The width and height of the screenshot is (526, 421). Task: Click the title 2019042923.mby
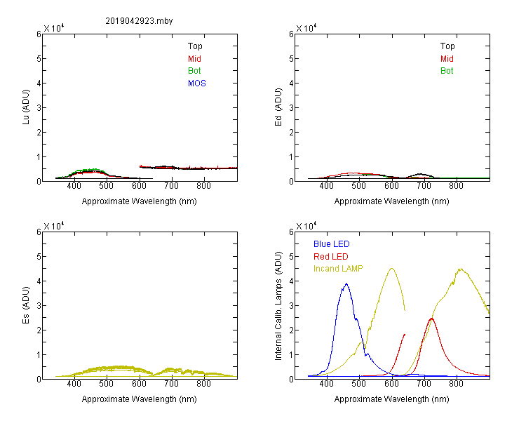(139, 21)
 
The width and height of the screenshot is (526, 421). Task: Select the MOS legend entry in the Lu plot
(197, 83)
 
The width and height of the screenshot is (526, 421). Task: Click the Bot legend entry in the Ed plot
(447, 71)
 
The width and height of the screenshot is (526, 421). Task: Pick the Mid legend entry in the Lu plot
(194, 59)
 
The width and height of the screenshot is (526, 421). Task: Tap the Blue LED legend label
(332, 244)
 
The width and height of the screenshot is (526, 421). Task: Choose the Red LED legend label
(331, 257)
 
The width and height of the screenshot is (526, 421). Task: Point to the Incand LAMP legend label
(338, 269)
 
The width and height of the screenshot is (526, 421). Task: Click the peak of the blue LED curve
(346, 283)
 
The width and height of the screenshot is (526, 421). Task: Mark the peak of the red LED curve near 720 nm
(431, 319)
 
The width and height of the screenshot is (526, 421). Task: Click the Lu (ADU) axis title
(26, 107)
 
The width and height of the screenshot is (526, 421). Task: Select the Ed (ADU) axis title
(278, 107)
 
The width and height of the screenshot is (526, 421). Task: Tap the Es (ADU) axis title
(26, 305)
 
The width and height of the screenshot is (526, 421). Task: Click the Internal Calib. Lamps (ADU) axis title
(278, 306)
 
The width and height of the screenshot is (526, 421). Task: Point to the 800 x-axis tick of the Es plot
(203, 384)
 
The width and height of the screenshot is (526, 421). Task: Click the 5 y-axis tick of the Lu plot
(39, 59)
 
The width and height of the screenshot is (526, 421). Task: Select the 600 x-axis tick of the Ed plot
(391, 186)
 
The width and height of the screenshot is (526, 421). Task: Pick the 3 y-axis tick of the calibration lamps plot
(291, 305)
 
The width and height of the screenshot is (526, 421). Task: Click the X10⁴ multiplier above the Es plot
(54, 226)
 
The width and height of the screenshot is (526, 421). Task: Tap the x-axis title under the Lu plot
(140, 201)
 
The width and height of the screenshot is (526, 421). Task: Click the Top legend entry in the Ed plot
(447, 46)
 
